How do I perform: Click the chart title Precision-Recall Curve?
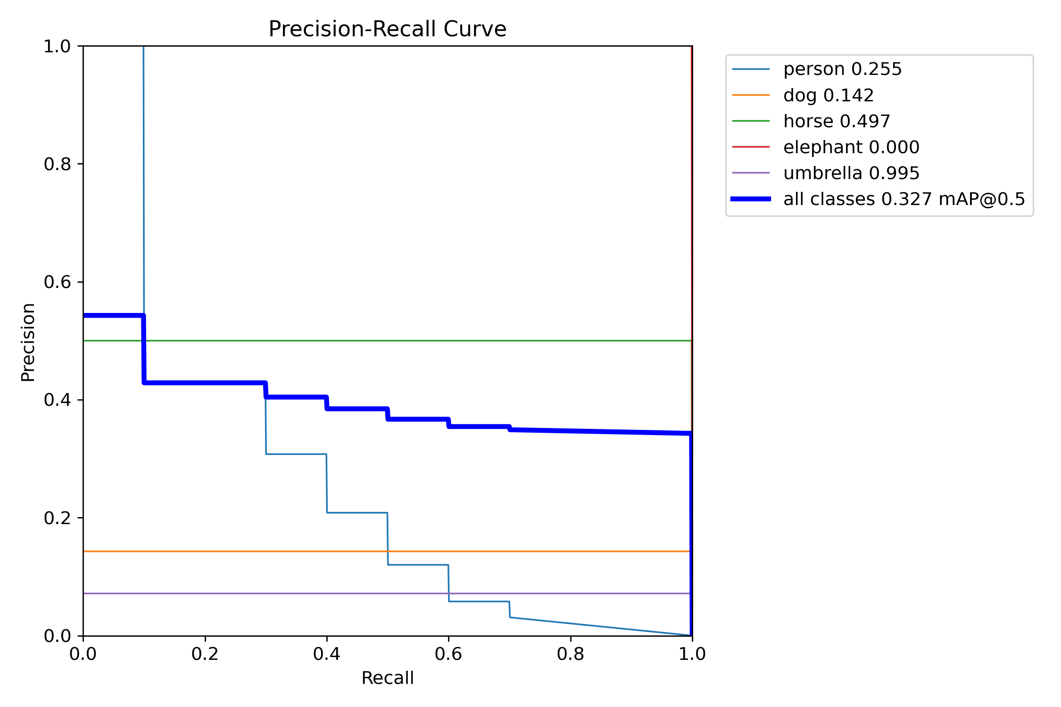click(x=387, y=29)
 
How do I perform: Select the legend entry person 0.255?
click(x=842, y=69)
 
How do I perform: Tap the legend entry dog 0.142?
click(x=828, y=95)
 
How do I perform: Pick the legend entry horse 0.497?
click(x=836, y=121)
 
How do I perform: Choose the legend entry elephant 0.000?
click(x=851, y=147)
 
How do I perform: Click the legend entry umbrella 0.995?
click(x=851, y=173)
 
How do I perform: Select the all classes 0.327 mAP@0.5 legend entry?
click(x=904, y=199)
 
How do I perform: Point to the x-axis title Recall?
click(x=387, y=678)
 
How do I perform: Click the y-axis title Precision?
click(x=28, y=342)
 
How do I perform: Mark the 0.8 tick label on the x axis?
click(x=570, y=654)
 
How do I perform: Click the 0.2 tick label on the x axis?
click(x=205, y=654)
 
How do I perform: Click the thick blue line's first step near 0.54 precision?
click(x=113, y=315)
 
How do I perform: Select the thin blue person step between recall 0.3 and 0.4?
click(x=296, y=454)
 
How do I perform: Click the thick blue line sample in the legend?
click(x=751, y=199)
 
